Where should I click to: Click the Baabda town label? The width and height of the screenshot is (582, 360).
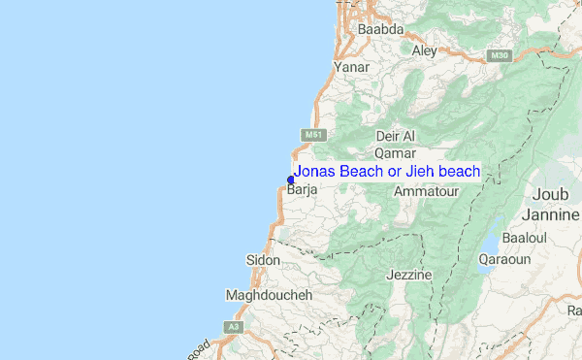tap(380, 30)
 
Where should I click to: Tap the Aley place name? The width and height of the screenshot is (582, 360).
tap(425, 50)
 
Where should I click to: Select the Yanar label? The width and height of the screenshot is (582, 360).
tap(351, 68)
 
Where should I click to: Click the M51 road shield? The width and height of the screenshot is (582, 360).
tap(311, 135)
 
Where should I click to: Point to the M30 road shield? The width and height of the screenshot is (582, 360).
tap(501, 55)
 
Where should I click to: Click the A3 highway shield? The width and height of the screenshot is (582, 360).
tap(233, 327)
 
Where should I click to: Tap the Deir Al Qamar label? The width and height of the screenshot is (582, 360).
tap(395, 145)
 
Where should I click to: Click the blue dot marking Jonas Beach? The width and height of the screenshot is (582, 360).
tap(290, 179)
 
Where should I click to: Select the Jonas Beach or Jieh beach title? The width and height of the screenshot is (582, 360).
tap(387, 172)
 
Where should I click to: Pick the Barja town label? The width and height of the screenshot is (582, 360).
tap(304, 191)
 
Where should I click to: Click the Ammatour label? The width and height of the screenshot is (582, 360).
tap(425, 193)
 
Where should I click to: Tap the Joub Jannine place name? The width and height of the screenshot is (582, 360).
tap(549, 207)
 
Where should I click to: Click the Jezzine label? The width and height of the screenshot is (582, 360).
tap(408, 275)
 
